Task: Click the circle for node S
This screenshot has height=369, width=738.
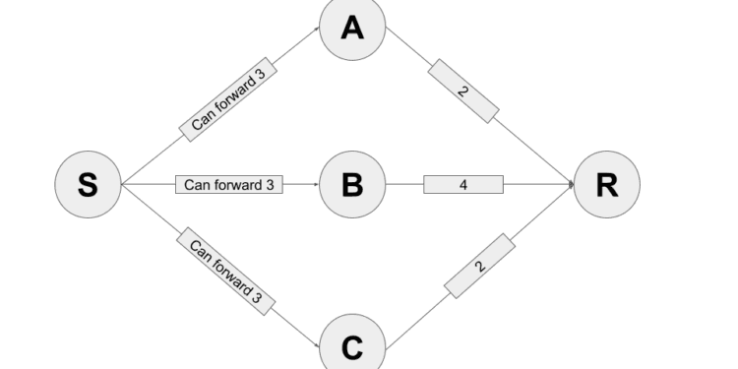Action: point(88,185)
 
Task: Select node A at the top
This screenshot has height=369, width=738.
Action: point(352,29)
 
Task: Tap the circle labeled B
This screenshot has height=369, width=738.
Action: point(352,185)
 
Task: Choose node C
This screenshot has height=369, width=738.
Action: point(352,345)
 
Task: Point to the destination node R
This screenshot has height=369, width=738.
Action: point(606,185)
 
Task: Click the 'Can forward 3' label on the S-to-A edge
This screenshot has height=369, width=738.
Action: point(228,101)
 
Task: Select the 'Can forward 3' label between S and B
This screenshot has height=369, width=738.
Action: point(229,184)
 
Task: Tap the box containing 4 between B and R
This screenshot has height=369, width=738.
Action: point(463,184)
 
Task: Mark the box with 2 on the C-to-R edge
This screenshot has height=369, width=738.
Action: point(479,266)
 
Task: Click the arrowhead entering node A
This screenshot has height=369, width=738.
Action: point(317,31)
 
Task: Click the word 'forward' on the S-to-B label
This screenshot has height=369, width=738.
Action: point(233,184)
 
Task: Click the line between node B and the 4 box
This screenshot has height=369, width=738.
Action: point(404,184)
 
